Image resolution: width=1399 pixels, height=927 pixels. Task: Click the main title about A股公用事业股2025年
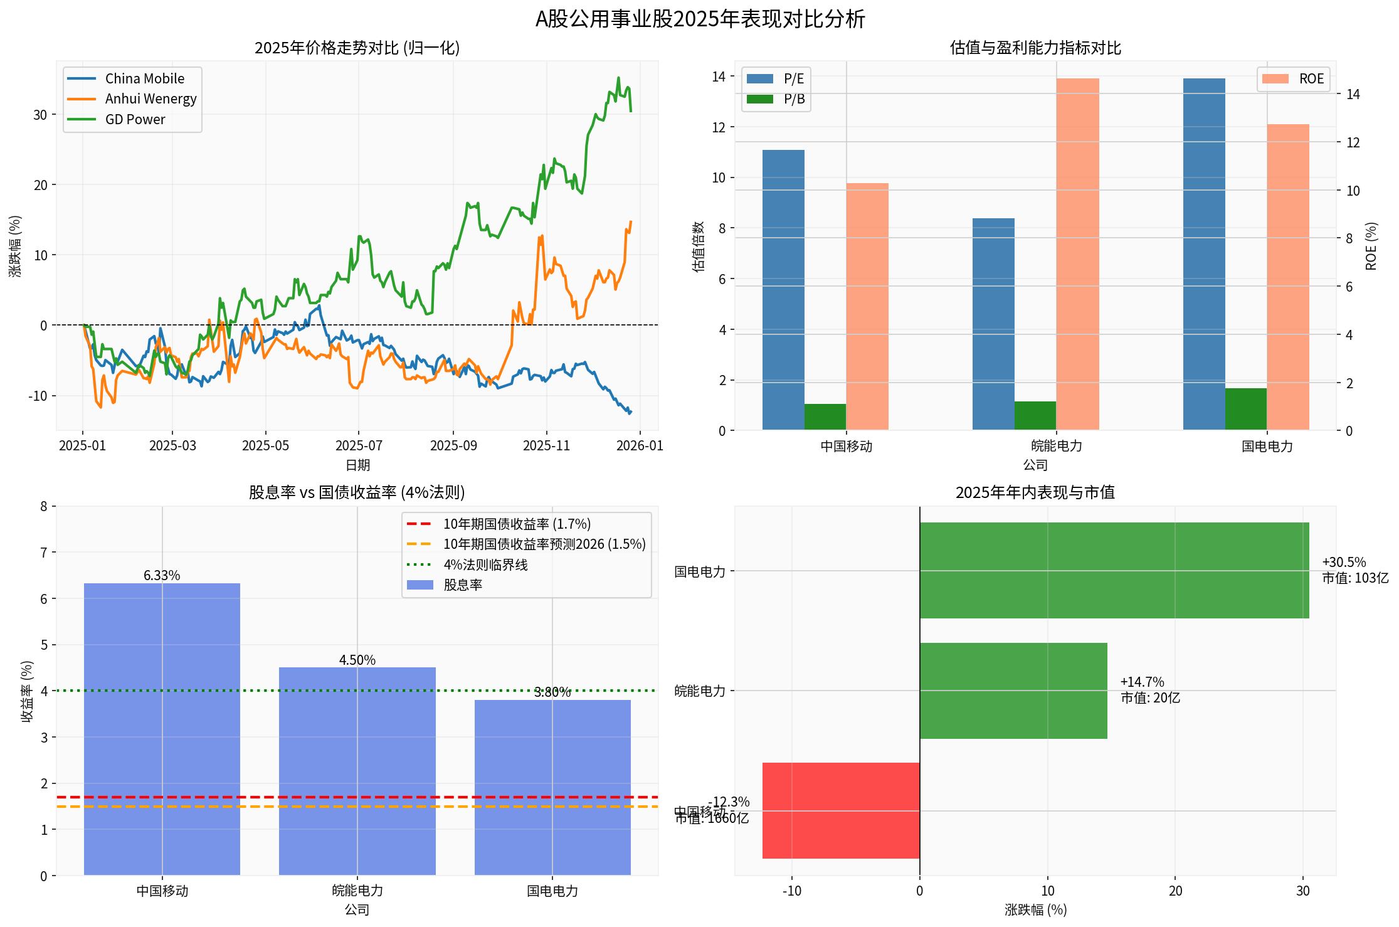pos(699,19)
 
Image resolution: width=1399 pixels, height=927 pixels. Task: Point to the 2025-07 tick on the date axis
pos(358,446)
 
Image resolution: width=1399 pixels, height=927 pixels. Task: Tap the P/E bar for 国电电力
pos(1203,254)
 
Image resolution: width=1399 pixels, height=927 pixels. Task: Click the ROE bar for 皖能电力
pos(1077,254)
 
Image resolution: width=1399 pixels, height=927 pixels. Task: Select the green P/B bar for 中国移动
pos(825,417)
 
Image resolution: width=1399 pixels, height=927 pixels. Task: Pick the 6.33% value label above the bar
pos(162,575)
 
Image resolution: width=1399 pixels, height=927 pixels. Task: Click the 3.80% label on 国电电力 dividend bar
pos(552,692)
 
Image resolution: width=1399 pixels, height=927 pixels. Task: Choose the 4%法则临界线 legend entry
pos(485,564)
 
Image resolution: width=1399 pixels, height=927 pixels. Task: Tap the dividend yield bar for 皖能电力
pos(357,771)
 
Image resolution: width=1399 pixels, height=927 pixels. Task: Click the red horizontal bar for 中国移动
pos(840,810)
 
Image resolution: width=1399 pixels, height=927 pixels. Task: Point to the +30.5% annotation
pos(1343,562)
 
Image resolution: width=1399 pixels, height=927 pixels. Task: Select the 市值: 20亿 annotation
pos(1150,698)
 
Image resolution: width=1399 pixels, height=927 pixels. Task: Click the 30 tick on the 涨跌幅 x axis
pos(1302,891)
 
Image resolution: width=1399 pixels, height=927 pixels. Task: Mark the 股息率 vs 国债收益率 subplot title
pos(357,492)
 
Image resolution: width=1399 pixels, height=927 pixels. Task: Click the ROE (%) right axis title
pos(1371,246)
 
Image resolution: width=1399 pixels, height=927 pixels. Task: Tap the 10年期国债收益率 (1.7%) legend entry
pos(516,524)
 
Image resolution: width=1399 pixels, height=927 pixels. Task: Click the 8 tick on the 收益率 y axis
pos(44,506)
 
